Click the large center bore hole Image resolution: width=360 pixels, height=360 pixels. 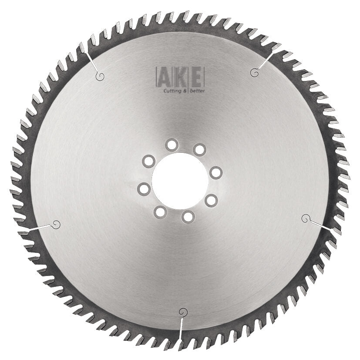(x=180, y=182)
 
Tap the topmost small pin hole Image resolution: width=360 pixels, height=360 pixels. (x=172, y=145)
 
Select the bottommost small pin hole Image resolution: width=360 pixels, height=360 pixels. (x=188, y=217)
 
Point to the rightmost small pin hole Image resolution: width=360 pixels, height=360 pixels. (x=216, y=173)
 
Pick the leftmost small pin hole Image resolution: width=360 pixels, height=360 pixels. (x=144, y=189)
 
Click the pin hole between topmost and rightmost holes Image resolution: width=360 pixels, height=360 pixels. (x=199, y=150)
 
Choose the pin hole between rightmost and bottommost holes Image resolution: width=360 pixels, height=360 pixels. (x=211, y=201)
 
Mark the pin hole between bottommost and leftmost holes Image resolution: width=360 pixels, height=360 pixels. (x=160, y=212)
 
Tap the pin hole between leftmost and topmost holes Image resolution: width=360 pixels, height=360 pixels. (x=149, y=161)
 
